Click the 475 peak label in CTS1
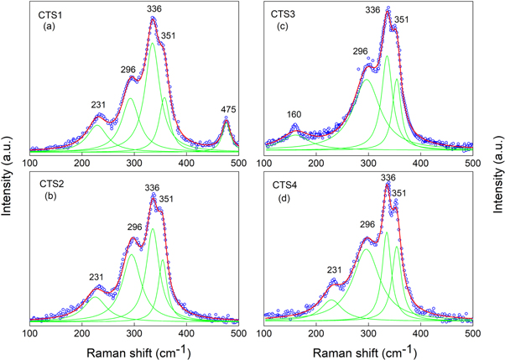pyautogui.click(x=226, y=109)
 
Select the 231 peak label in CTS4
pyautogui.click(x=335, y=269)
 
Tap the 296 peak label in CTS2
pyautogui.click(x=128, y=227)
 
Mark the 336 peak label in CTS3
pyautogui.click(x=373, y=10)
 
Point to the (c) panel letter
pyautogui.click(x=284, y=29)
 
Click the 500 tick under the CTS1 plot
pyautogui.click(x=238, y=163)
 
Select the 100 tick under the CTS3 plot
pyautogui.click(x=266, y=163)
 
